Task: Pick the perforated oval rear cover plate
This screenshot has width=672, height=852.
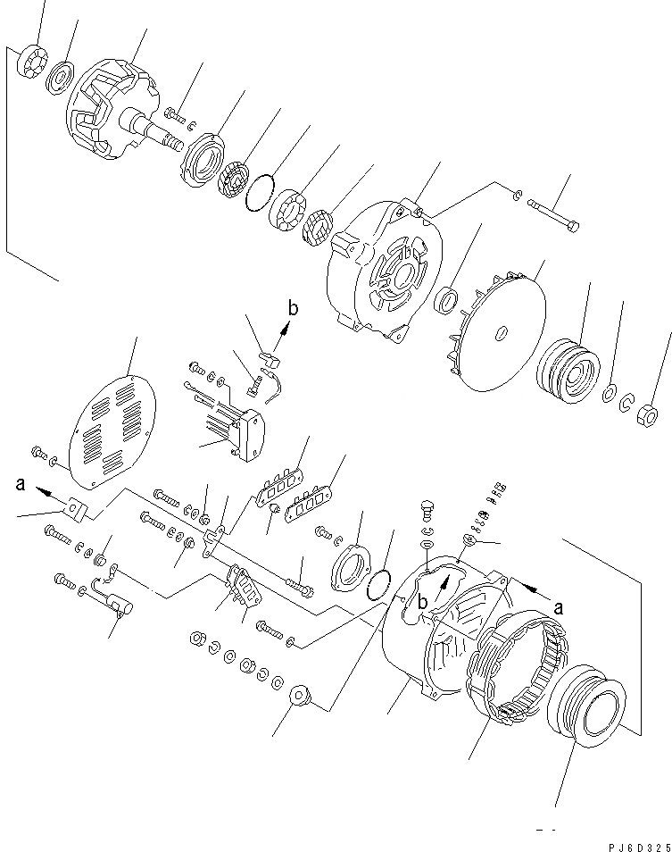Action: (x=113, y=425)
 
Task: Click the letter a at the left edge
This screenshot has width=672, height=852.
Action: (x=20, y=485)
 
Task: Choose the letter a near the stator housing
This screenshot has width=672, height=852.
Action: (x=560, y=606)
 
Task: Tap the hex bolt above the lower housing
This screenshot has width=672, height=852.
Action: (x=427, y=512)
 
